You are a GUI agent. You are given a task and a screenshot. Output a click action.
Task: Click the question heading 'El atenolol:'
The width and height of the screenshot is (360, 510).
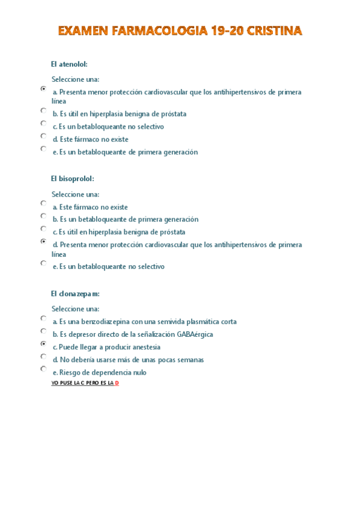[x=70, y=64]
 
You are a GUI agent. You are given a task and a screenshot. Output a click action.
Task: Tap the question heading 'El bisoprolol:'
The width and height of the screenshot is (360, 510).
[x=73, y=179]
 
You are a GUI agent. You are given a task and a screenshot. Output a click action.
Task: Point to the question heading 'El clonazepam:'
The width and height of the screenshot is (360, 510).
[x=75, y=293]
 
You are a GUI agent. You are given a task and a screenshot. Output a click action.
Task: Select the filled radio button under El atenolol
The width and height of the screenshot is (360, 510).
[x=43, y=89]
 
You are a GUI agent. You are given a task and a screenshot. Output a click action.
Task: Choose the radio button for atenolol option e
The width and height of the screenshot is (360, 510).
[x=43, y=149]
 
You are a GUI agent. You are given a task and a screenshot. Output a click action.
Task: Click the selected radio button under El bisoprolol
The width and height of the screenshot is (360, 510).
[x=43, y=242]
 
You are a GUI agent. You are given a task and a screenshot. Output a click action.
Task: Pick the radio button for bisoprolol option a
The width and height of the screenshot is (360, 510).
[x=43, y=204]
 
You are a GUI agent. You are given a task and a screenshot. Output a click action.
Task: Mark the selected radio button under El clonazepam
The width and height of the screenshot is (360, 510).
[x=43, y=344]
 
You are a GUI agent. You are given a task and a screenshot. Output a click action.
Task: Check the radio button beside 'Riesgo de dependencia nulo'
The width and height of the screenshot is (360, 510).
[x=43, y=369]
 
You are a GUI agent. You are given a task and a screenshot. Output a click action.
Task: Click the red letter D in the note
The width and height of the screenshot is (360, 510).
[x=117, y=382]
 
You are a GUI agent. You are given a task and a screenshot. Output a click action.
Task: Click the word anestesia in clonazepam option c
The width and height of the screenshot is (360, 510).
[x=144, y=347]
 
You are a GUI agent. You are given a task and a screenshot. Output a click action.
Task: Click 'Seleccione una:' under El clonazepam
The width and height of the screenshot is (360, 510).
[x=75, y=309]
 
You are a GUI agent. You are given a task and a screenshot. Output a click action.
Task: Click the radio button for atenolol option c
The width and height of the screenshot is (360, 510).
[x=43, y=123]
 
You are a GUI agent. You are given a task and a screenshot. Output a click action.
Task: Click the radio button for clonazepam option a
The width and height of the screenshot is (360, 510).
[x=43, y=319]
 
